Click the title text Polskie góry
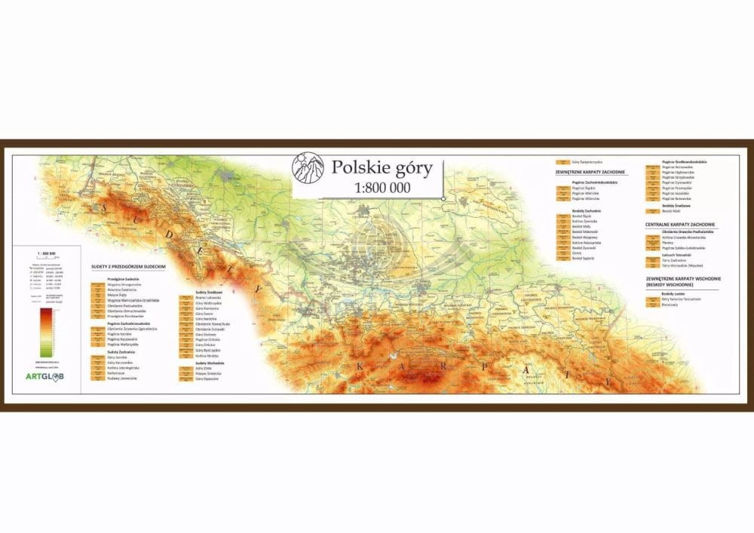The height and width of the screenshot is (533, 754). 382,167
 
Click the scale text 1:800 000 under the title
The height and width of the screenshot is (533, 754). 382,188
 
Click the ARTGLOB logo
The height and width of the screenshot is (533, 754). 44,376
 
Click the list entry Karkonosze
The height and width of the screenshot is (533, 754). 118,372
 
